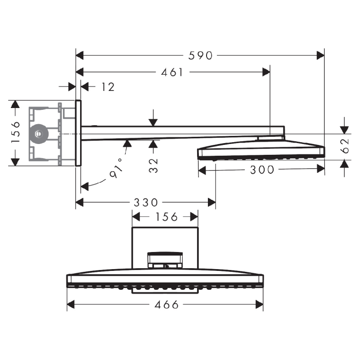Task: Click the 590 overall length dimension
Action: coord(200,55)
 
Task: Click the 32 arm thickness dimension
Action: coord(154,166)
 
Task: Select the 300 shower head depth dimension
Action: coord(261,170)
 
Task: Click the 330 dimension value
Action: coord(146,202)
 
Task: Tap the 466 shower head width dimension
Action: coord(166,305)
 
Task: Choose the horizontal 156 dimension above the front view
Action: coord(165,217)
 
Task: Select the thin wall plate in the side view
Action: coord(78,133)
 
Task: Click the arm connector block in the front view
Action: coord(165,260)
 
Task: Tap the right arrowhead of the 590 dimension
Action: coord(320,55)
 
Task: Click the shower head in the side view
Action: coord(261,151)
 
